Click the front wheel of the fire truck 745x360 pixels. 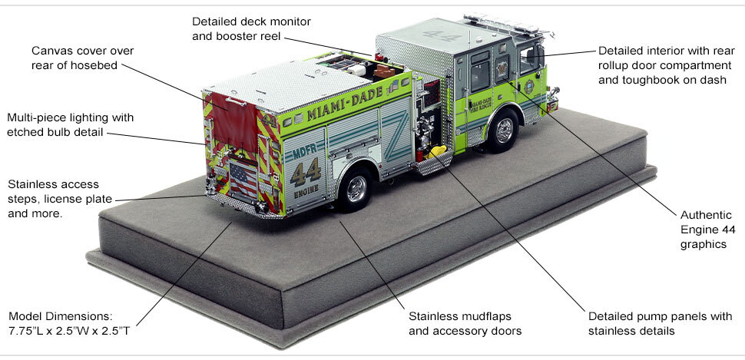(x=503, y=131)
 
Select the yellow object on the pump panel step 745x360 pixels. (x=438, y=150)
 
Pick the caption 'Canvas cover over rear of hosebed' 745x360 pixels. (x=82, y=58)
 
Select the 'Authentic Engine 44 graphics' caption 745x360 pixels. (x=701, y=229)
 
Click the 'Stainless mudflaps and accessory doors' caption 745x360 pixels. (x=465, y=323)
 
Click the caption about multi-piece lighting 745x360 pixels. (x=71, y=125)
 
